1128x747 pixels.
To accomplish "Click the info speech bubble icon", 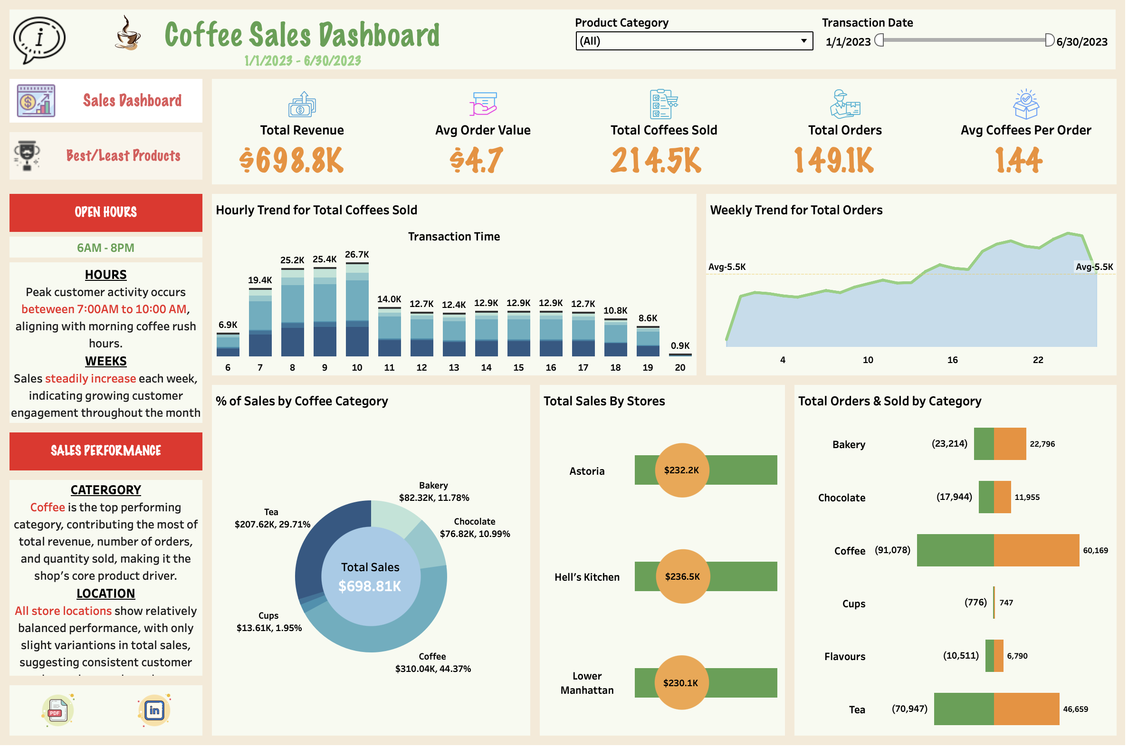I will [39, 39].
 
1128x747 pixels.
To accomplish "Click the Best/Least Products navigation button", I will [106, 156].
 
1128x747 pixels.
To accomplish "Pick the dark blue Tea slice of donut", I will [324, 548].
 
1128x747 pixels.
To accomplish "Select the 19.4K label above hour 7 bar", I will [260, 281].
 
